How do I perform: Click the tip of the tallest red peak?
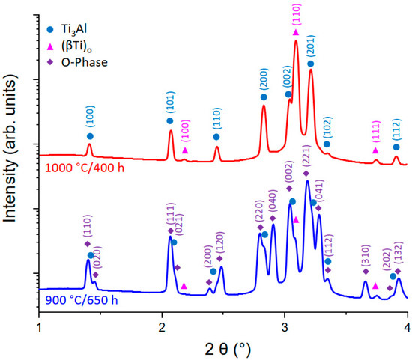[x=296, y=40]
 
